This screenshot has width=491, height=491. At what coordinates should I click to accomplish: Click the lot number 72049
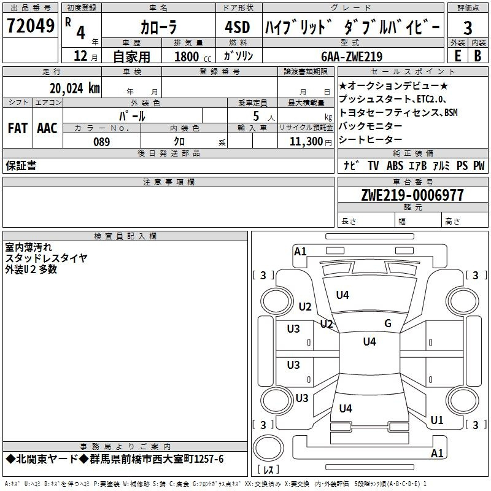coord(31,26)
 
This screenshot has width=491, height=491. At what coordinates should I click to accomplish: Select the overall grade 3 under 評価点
coord(468,28)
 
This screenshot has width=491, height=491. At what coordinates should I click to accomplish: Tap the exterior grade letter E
coord(458,56)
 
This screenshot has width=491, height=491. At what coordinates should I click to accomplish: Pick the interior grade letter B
coord(477,56)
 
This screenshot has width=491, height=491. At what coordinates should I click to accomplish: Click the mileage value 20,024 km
coord(75,88)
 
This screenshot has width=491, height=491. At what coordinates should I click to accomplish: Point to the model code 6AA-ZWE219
coord(352,56)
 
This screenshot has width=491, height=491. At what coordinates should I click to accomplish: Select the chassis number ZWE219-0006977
coord(412,195)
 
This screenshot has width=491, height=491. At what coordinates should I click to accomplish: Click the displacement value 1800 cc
coord(193,56)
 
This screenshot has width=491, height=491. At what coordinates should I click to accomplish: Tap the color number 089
coord(102,142)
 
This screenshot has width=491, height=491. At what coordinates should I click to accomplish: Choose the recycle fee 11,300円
coord(311,142)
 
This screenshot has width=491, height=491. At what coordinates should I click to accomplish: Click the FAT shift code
coord(18,128)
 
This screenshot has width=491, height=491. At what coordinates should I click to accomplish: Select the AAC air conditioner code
coord(47,128)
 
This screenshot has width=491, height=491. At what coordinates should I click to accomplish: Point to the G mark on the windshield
coord(388,323)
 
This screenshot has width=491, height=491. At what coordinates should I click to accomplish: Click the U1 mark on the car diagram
coord(437,420)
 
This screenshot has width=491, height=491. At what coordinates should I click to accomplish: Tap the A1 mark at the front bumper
coord(300,252)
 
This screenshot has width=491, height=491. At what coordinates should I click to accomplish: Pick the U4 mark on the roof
coord(369,342)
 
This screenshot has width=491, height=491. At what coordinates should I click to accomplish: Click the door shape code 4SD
coord(238,27)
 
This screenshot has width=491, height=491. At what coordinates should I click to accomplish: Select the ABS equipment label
coord(395,166)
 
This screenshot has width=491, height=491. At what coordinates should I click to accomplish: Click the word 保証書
coord(21,165)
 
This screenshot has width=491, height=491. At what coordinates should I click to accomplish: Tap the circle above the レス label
coord(268,448)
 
